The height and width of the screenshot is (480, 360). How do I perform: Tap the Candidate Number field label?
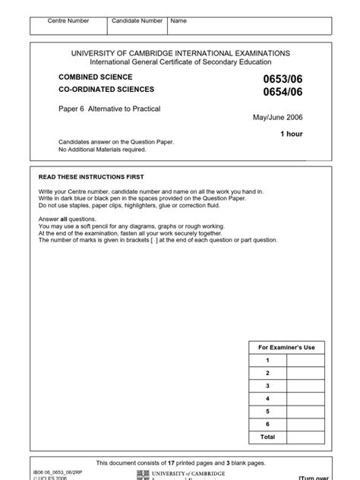(137, 21)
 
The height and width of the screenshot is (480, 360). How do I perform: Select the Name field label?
(178, 21)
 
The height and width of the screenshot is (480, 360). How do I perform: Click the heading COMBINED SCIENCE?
(96, 77)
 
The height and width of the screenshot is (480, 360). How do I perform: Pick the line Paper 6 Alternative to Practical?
(109, 109)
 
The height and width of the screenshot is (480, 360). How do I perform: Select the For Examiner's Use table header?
(288, 347)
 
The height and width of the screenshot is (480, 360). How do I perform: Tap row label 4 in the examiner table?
(267, 397)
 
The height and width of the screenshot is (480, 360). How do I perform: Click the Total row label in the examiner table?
(267, 436)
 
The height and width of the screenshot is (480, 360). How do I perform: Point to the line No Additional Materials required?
(103, 150)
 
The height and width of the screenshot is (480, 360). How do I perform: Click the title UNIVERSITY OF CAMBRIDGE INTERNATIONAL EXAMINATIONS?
(180, 53)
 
